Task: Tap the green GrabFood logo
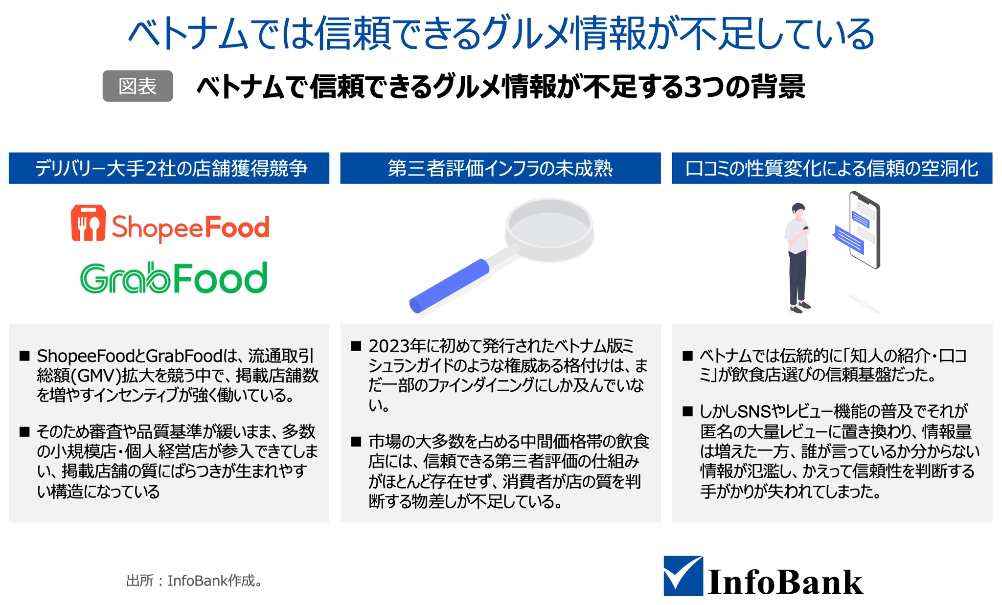click(174, 277)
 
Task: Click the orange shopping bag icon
click(88, 223)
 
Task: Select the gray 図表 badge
click(137, 86)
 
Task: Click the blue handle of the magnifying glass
click(449, 286)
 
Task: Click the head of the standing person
click(798, 211)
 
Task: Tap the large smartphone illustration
click(865, 230)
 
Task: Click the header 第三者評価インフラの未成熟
click(501, 168)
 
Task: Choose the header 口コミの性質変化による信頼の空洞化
click(832, 168)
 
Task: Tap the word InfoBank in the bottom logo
click(785, 582)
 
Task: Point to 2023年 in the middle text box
click(397, 346)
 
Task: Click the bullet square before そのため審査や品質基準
click(24, 432)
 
